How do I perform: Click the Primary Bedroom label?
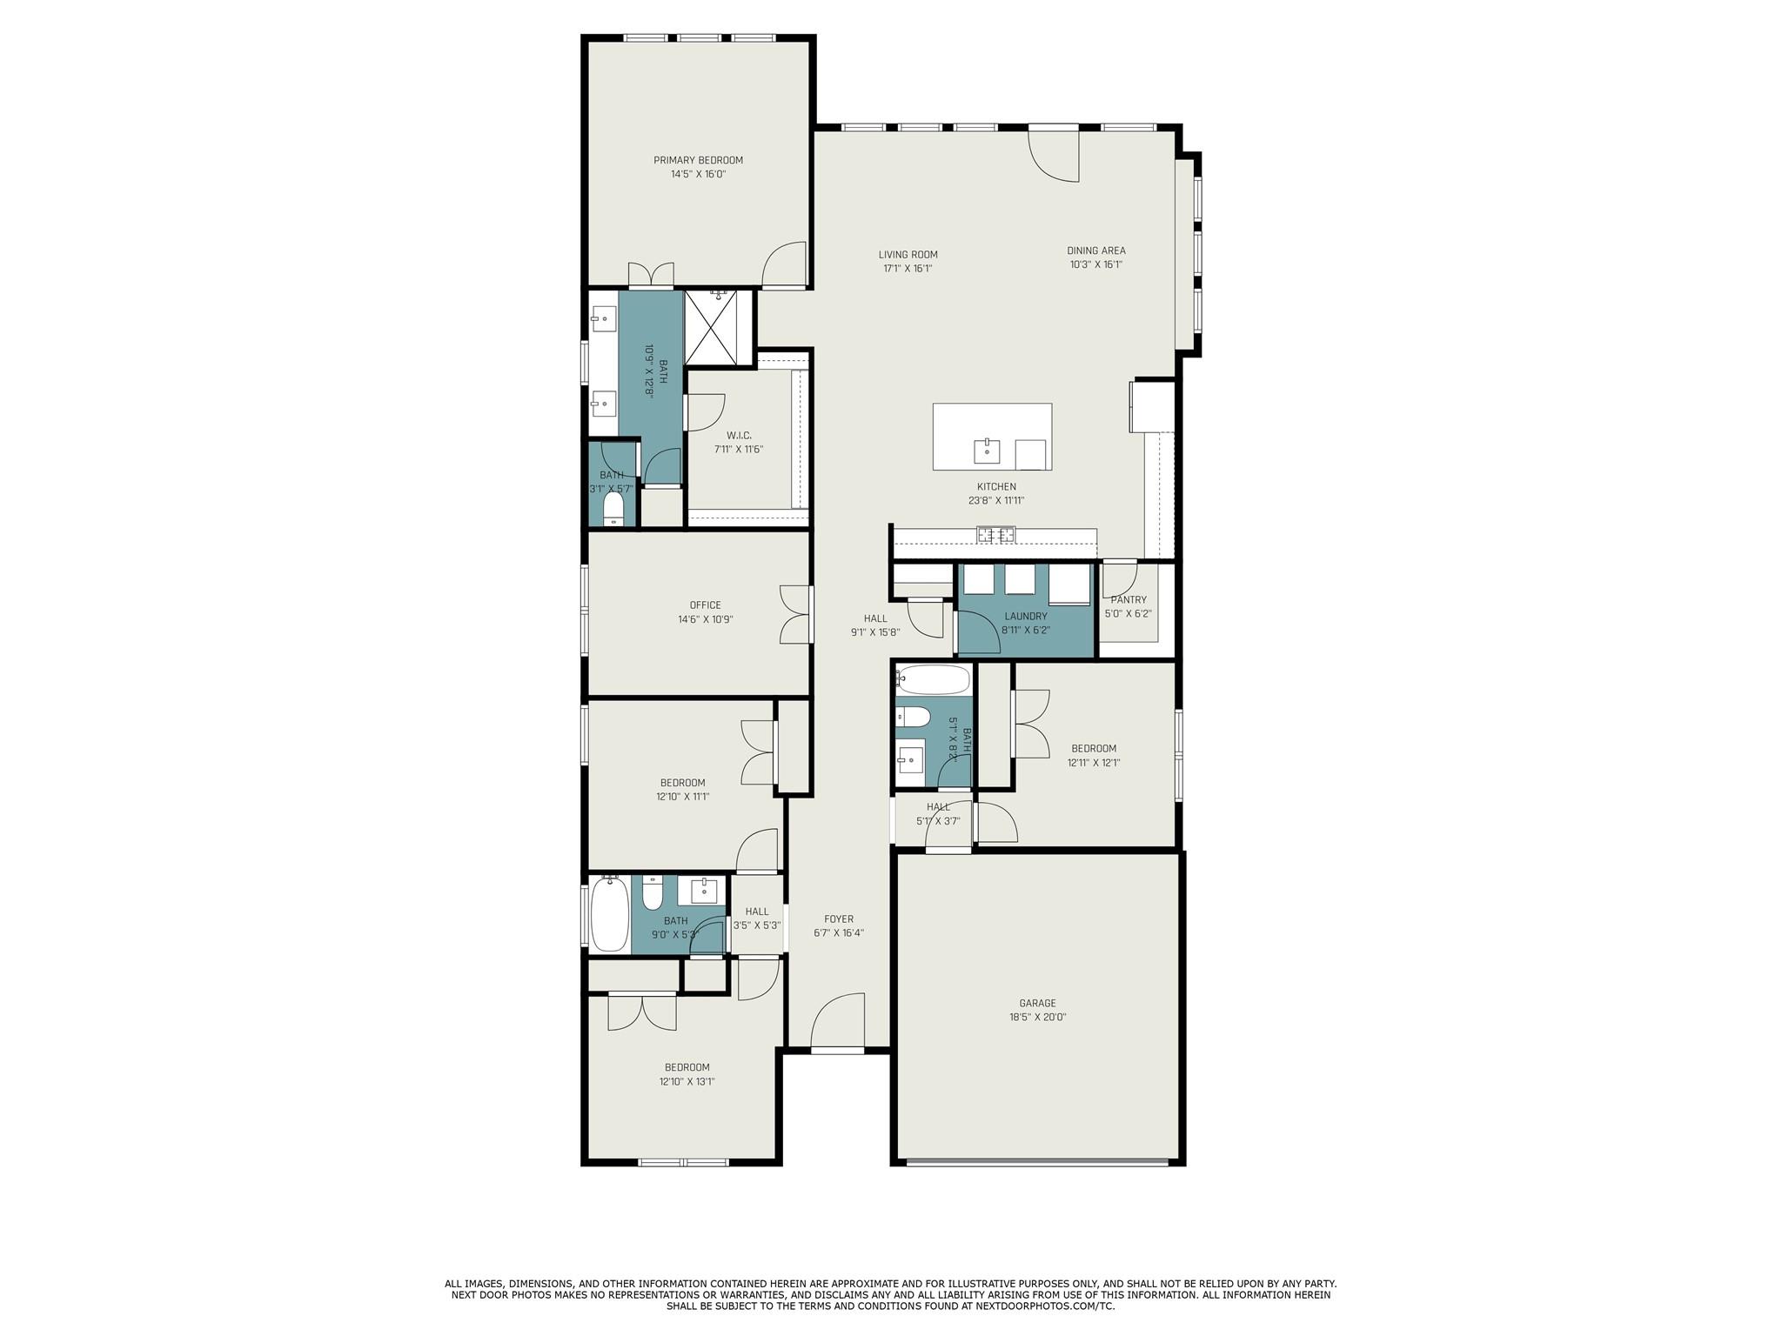coord(698,160)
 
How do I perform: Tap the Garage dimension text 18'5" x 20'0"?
coord(1037,1017)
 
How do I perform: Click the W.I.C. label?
coord(739,435)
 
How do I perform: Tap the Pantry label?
coord(1129,599)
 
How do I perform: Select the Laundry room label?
coord(1025,616)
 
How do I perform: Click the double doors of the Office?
coord(796,614)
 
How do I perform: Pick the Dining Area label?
coord(1096,250)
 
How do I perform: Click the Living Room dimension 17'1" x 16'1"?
coord(908,269)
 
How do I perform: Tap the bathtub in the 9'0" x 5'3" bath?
coord(609,916)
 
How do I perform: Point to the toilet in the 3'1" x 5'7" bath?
coord(613,511)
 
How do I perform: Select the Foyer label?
coord(839,918)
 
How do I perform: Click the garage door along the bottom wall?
coord(1037,1161)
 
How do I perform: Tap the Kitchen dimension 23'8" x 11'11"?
coord(996,501)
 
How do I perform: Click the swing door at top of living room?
coord(1054,155)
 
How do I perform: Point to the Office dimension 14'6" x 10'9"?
coord(706,619)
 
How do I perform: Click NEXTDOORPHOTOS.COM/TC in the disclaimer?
coord(1044,1331)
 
